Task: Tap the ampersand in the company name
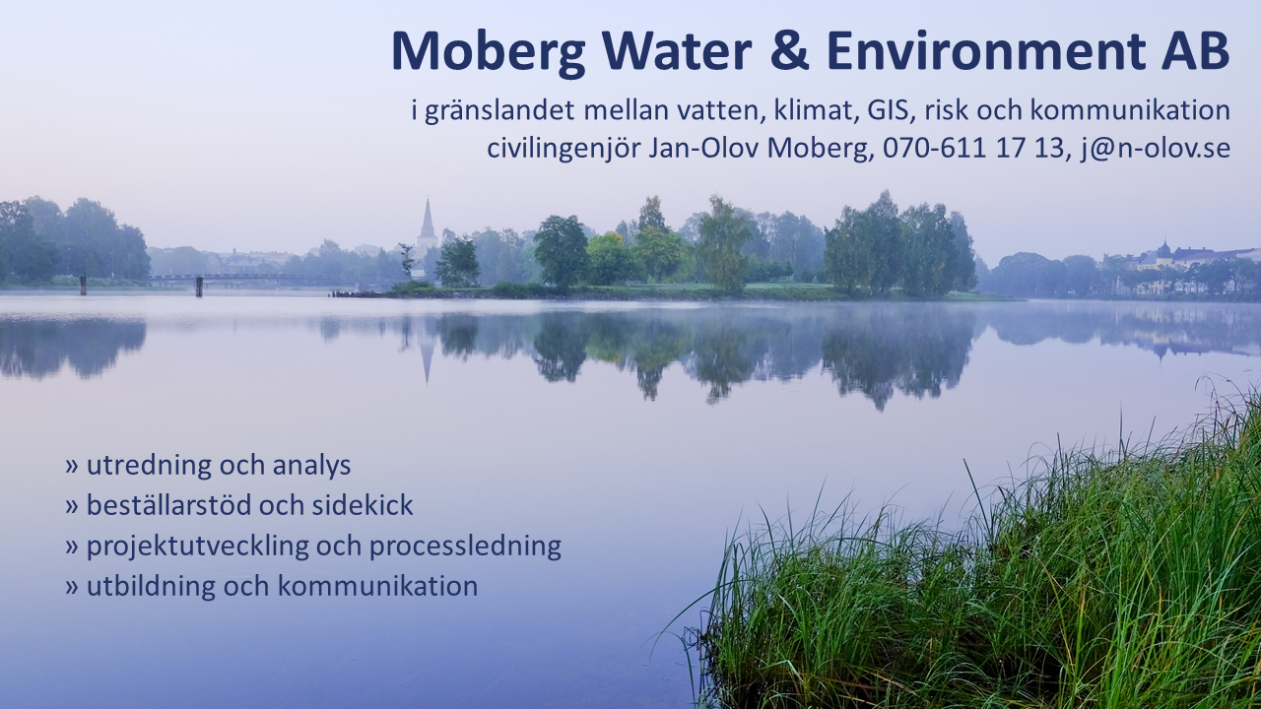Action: pos(789,50)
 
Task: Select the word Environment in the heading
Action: pos(984,50)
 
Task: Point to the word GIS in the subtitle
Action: pos(888,110)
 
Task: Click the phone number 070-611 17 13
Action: pos(974,148)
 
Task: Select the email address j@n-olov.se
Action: pos(1155,149)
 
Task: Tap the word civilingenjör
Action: pos(564,149)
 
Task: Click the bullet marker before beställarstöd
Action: pos(71,506)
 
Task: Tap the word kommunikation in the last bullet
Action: pos(377,586)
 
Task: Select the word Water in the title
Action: pos(677,50)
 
